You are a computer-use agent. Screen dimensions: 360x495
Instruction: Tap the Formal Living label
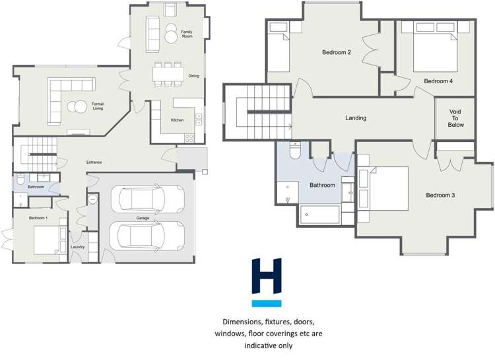(98, 106)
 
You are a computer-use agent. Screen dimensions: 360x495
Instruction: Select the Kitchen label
(177, 120)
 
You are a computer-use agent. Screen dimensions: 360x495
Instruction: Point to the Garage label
(143, 217)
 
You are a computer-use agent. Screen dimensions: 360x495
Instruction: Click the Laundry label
(78, 248)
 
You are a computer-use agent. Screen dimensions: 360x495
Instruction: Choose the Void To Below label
(456, 118)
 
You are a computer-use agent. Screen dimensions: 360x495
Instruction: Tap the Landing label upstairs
(356, 118)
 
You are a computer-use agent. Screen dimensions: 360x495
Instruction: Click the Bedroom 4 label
(438, 81)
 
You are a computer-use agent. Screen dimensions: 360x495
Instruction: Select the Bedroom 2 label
(336, 52)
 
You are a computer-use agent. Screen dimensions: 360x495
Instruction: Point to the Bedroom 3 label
(440, 195)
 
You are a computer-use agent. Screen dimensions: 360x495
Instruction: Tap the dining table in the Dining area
(168, 74)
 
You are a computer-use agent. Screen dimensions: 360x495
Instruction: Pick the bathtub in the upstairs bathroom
(320, 214)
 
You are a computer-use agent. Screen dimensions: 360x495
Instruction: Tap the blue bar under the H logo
(267, 304)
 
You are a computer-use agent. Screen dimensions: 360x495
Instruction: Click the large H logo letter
(267, 277)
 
